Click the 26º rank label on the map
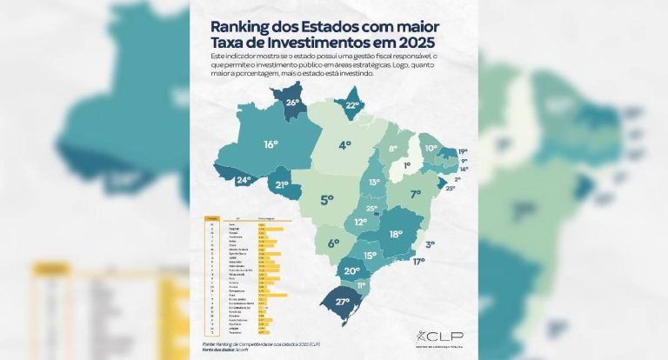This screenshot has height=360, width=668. pos(292,102)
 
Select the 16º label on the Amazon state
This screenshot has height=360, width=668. pos(271,144)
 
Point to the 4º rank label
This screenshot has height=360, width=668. pos(345,144)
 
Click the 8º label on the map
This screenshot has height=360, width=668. pos(392,150)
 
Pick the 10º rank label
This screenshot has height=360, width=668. pos(430,149)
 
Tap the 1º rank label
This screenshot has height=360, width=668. pos(407,164)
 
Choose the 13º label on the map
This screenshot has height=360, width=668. pos(374,183)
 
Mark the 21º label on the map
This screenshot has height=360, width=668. pos(282,184)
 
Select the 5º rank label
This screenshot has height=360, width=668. pos(327,200)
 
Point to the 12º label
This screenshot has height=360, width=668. pos(360,223)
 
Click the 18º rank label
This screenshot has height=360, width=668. pos(396,234)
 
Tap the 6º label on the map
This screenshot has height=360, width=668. pos(333,243)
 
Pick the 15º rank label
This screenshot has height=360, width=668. pos(370,256)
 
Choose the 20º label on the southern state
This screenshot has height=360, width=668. pos(351,271)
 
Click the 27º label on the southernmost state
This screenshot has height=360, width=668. pos(342,302)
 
